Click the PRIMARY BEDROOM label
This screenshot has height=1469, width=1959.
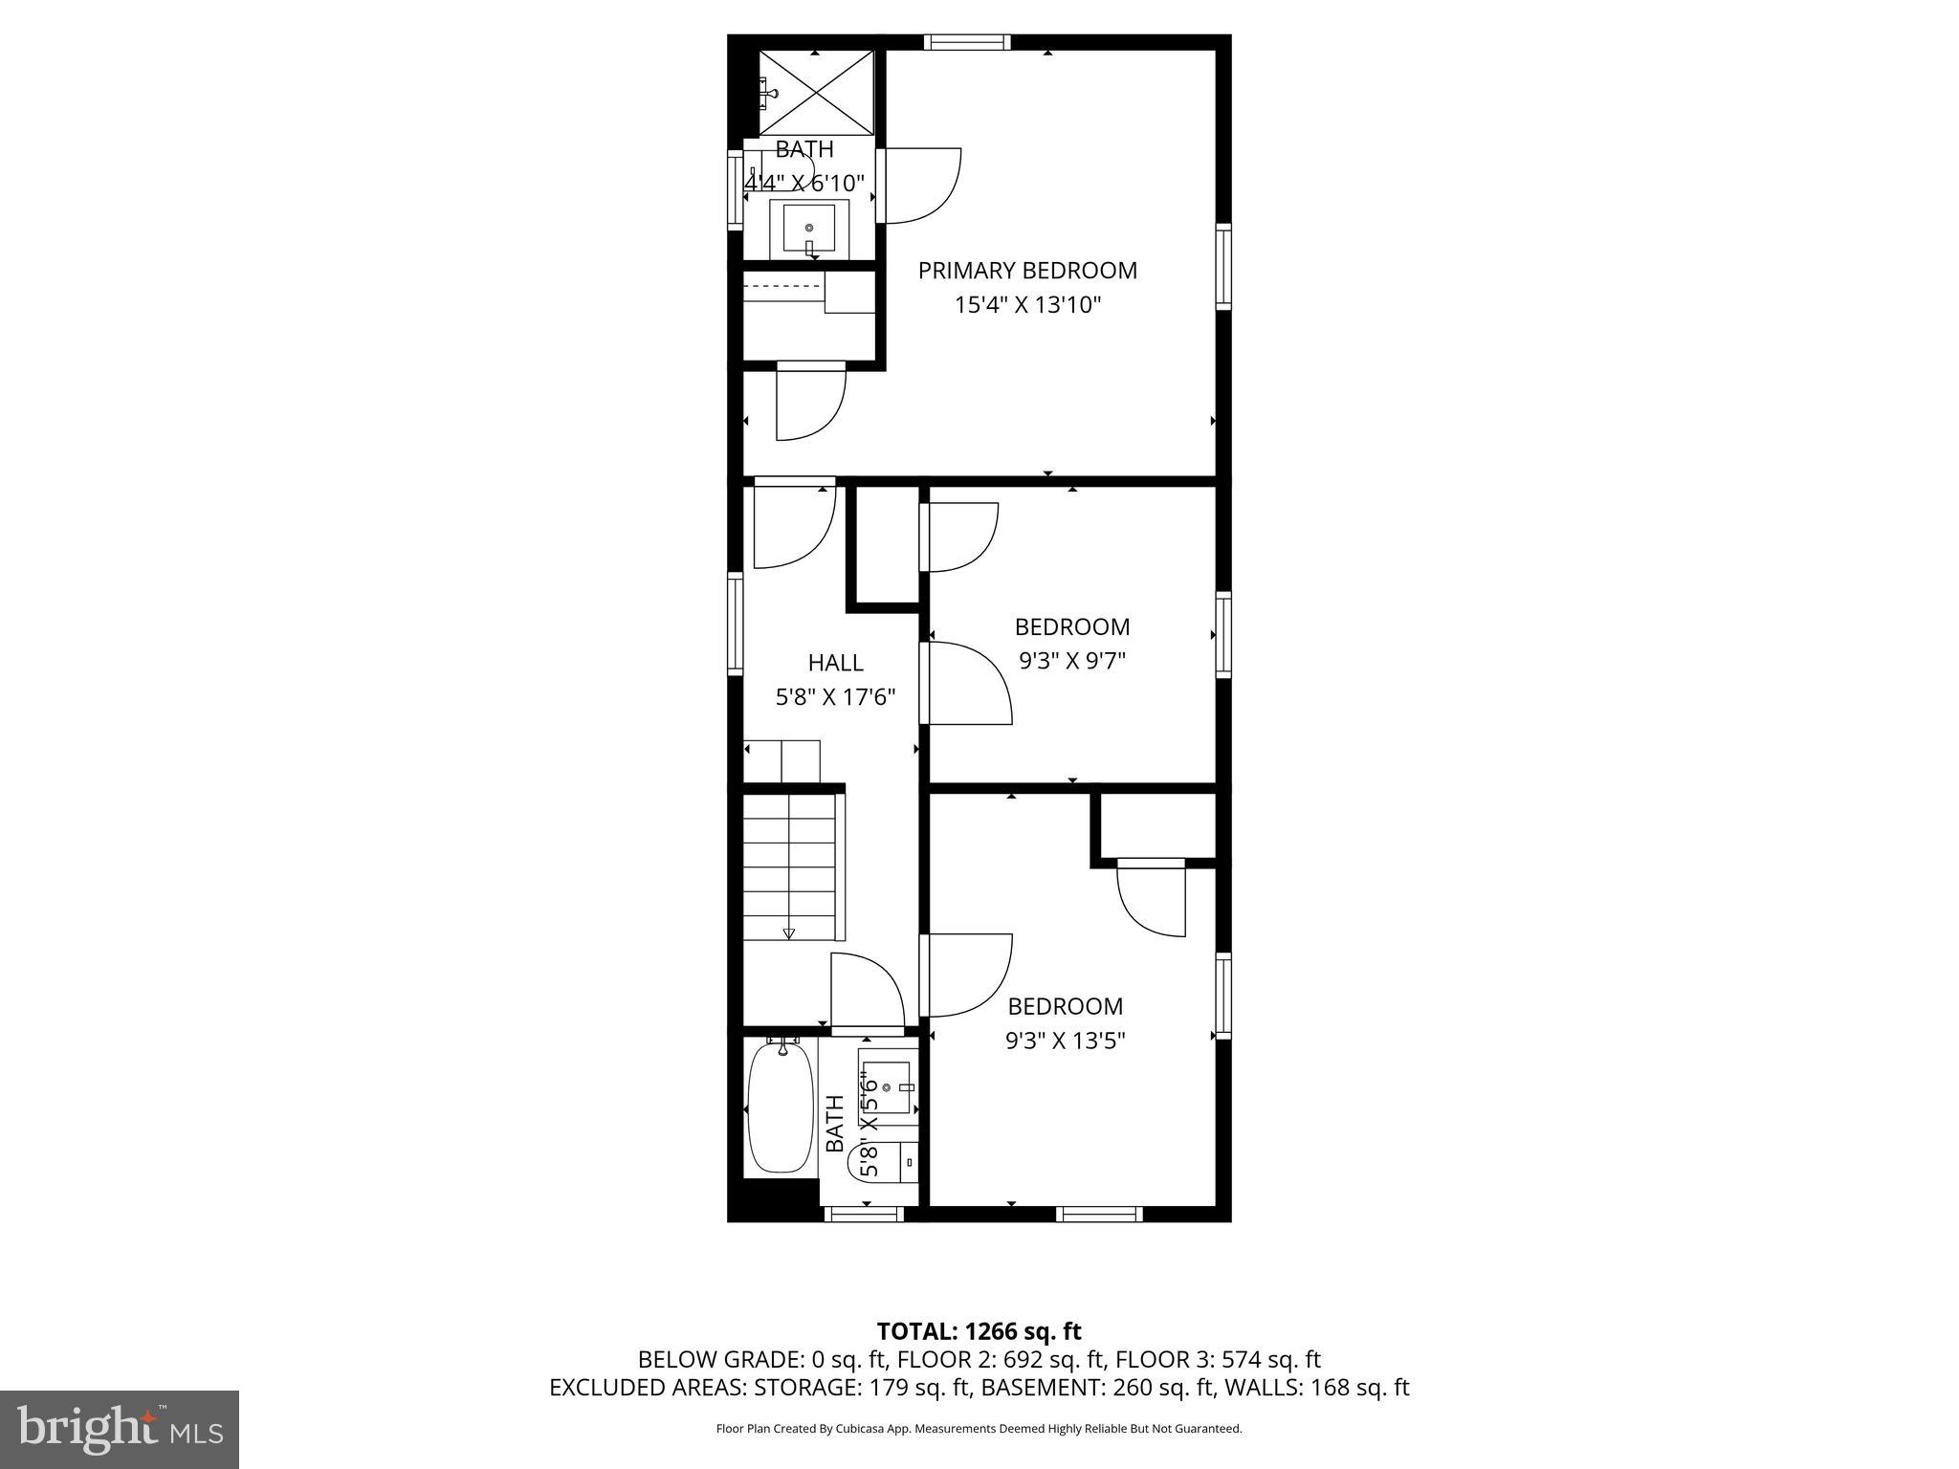pyautogui.click(x=1027, y=271)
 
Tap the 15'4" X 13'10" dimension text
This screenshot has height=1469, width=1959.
pyautogui.click(x=1027, y=305)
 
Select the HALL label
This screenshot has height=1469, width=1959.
pyautogui.click(x=835, y=663)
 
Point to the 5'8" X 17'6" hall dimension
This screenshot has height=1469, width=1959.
pyautogui.click(x=835, y=697)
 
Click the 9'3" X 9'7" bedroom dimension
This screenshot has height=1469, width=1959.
pyautogui.click(x=1071, y=661)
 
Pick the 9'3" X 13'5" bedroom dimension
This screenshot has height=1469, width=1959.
pyautogui.click(x=1065, y=1041)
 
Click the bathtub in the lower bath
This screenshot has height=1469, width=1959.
pyautogui.click(x=781, y=1107)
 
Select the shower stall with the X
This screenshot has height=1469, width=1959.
pyautogui.click(x=816, y=94)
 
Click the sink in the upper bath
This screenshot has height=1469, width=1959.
pyautogui.click(x=809, y=228)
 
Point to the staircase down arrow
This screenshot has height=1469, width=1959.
pyautogui.click(x=789, y=932)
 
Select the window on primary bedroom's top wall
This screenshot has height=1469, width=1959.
pyautogui.click(x=966, y=42)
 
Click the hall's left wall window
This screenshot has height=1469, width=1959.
pyautogui.click(x=735, y=624)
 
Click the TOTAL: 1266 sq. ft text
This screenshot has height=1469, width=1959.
pyautogui.click(x=979, y=1331)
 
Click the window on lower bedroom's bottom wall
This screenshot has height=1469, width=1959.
pyautogui.click(x=1099, y=1214)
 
